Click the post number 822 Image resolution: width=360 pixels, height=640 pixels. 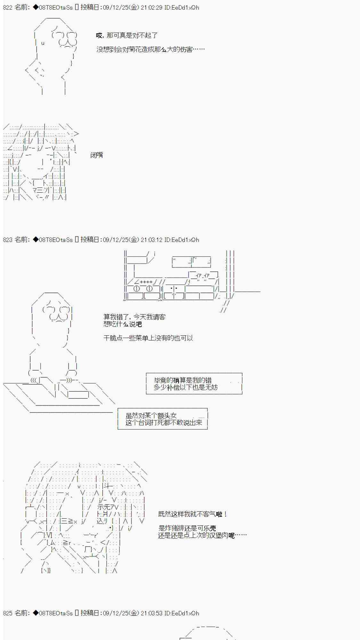(8, 7)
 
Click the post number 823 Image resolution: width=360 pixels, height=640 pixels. (8, 239)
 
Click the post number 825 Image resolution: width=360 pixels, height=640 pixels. (8, 613)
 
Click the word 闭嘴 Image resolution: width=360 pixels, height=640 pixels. (97, 155)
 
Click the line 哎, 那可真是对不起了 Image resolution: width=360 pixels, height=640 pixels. (127, 36)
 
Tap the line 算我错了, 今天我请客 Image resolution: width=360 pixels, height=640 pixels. (134, 317)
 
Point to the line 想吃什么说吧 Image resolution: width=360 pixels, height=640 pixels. (123, 324)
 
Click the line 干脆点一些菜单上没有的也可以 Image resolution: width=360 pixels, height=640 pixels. (148, 338)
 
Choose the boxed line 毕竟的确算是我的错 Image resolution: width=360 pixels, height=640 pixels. (183, 380)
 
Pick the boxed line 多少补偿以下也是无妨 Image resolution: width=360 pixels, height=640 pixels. (186, 387)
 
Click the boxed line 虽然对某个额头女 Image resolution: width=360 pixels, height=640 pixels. (151, 415)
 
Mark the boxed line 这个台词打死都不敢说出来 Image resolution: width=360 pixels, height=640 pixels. (164, 422)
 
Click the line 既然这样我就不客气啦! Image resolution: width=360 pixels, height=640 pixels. (193, 514)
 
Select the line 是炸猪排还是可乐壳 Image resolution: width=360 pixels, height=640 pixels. (187, 528)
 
